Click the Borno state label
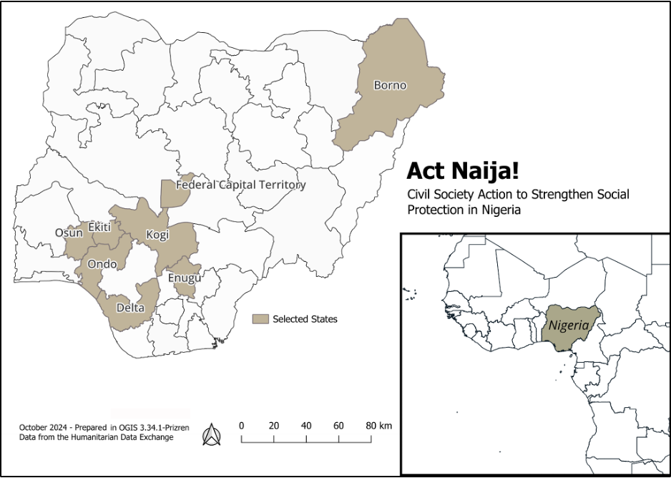[x=390, y=86]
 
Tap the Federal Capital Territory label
[x=241, y=185]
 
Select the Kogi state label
[x=157, y=235]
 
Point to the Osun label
[x=69, y=233]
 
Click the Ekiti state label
[x=99, y=228]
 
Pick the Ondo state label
[x=102, y=264]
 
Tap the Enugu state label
[x=184, y=278]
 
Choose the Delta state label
[x=130, y=308]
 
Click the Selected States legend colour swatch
[x=262, y=319]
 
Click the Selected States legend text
[x=305, y=319]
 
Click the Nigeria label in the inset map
[x=569, y=326]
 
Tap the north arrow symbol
[x=212, y=434]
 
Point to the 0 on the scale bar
[x=242, y=426]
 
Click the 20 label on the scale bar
[x=273, y=426]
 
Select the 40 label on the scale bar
[x=306, y=426]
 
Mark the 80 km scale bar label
[x=378, y=426]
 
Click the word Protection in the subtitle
[x=434, y=210]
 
